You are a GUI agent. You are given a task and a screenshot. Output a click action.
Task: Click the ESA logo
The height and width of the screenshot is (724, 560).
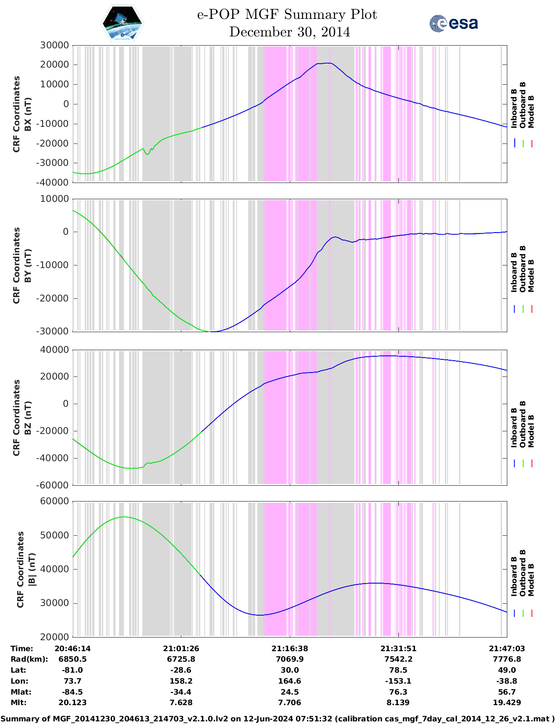click(454, 23)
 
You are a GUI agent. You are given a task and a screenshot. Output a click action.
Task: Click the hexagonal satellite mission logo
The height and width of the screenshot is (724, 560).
click(123, 23)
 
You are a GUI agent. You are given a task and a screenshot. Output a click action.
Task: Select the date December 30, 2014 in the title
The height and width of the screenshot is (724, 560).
click(289, 32)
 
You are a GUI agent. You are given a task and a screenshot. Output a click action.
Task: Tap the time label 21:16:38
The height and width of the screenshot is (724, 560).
click(289, 649)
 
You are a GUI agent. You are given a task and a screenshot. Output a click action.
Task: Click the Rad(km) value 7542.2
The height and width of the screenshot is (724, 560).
click(398, 659)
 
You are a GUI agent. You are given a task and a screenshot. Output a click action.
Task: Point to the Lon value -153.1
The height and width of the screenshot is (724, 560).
click(398, 681)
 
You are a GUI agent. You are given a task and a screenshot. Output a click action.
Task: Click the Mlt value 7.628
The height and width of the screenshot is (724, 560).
click(181, 702)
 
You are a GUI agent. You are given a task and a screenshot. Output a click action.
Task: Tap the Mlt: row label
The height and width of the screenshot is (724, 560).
click(18, 702)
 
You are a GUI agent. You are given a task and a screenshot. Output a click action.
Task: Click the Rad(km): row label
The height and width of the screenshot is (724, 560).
click(29, 659)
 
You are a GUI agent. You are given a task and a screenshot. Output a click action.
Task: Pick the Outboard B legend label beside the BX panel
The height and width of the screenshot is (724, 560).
click(523, 105)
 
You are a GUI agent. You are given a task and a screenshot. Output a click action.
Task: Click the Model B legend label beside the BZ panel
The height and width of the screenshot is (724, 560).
click(531, 431)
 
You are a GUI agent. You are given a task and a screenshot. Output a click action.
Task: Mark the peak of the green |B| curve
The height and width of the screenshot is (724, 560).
click(124, 517)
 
